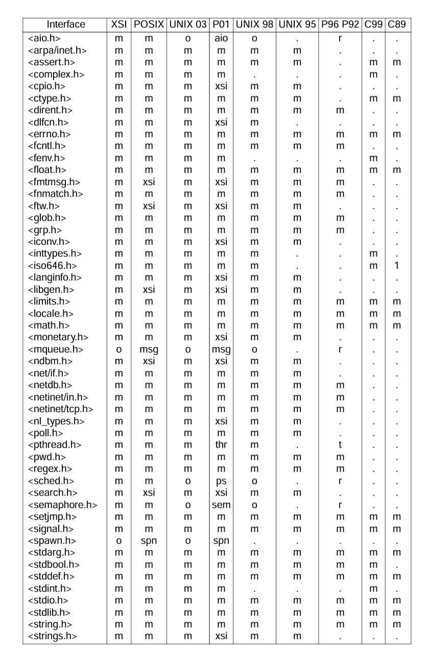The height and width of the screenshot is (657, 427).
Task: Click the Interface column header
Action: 66,24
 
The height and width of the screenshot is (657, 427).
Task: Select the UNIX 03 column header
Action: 188,24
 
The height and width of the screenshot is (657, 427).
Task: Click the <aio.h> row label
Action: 42,38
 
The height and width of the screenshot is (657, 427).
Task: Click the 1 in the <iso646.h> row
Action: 396,265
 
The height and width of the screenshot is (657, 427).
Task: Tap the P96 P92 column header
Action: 340,24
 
